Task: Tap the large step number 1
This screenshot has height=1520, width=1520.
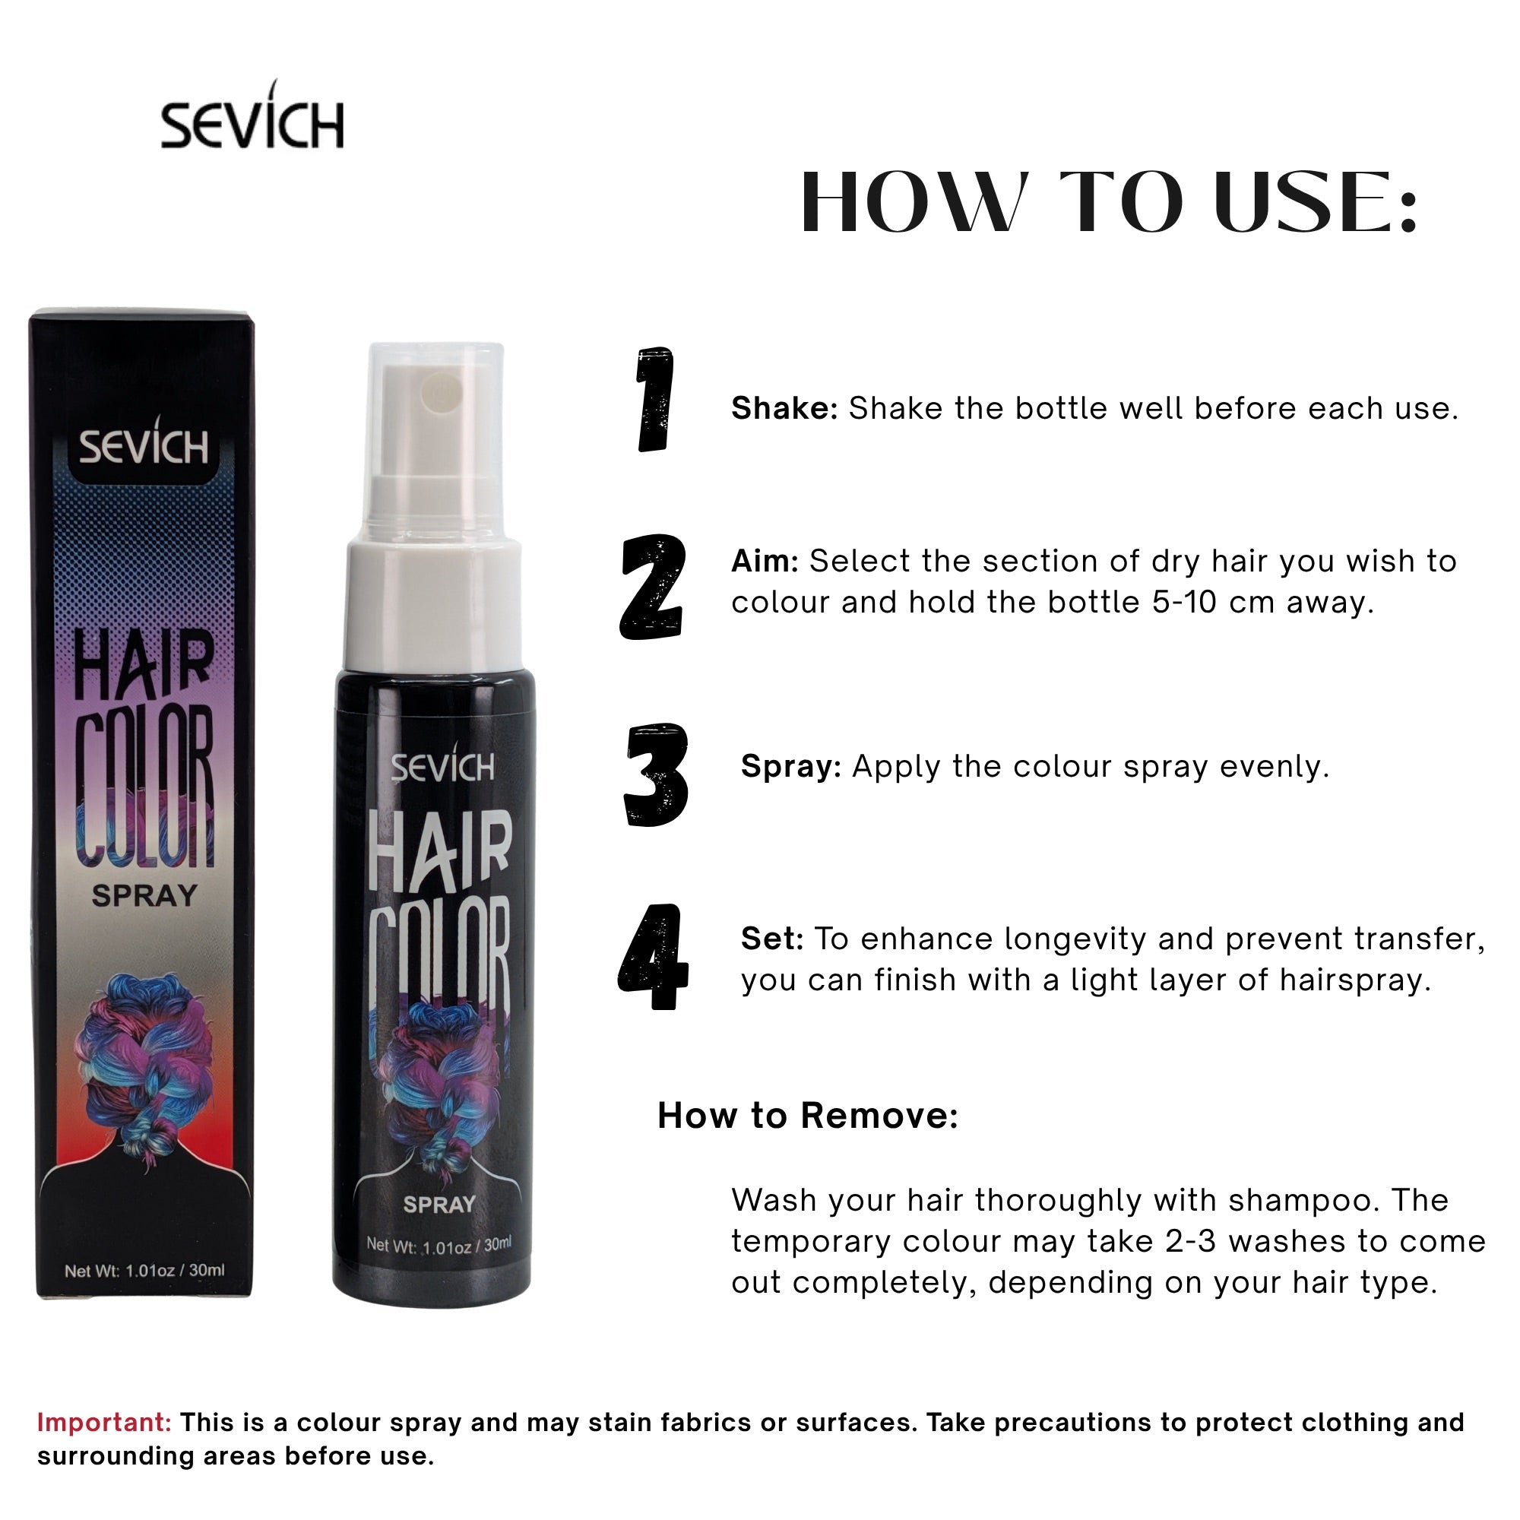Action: pyautogui.click(x=654, y=400)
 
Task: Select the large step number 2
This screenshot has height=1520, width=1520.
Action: pyautogui.click(x=651, y=587)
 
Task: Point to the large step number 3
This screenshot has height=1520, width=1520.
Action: pyautogui.click(x=656, y=775)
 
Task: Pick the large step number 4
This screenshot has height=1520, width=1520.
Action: pyautogui.click(x=653, y=957)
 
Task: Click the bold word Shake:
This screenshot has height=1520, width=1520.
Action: pyautogui.click(x=784, y=408)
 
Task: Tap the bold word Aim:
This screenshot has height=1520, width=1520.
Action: pyautogui.click(x=765, y=561)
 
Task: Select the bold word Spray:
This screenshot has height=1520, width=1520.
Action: pyautogui.click(x=790, y=766)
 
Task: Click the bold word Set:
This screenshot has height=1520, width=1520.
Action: pyautogui.click(x=772, y=939)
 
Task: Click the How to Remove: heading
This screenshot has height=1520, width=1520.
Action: pyautogui.click(x=808, y=1116)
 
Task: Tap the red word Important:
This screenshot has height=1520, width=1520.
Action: pyautogui.click(x=104, y=1423)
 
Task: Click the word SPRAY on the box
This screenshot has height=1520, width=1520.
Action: pyautogui.click(x=144, y=895)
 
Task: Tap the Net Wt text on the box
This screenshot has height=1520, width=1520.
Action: pyautogui.click(x=144, y=1271)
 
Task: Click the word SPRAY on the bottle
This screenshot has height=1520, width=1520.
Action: pyautogui.click(x=439, y=1204)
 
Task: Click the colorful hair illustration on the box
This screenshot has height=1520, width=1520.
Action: pyautogui.click(x=144, y=1062)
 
